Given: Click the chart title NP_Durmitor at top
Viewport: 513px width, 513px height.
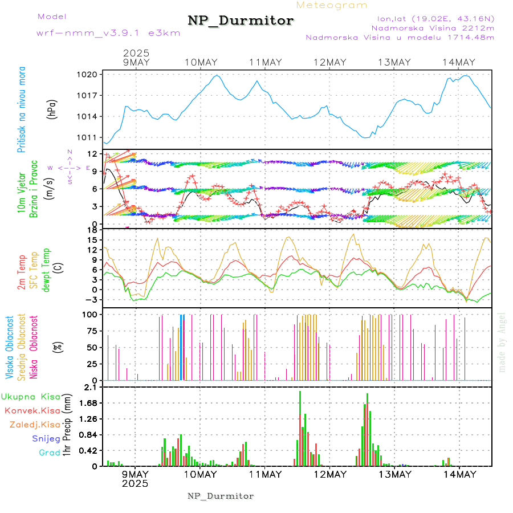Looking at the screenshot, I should click(x=241, y=21).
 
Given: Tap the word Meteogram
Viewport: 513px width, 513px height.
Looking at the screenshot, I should click(x=332, y=5).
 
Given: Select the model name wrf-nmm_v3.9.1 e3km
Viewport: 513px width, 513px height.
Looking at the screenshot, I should click(x=108, y=32).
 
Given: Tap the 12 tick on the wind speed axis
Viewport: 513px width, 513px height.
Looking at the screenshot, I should click(x=91, y=154).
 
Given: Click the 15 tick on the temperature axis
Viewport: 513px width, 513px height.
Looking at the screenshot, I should click(x=92, y=240).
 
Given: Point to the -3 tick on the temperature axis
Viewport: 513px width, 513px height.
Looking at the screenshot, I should click(x=91, y=299).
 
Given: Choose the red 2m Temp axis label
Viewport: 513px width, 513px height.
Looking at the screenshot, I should click(x=22, y=273).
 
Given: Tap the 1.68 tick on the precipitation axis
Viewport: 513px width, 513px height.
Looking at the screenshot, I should click(x=88, y=403).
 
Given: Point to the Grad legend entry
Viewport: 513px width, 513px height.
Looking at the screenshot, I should click(x=50, y=453).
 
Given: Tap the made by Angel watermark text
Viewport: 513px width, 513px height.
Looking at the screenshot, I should click(x=502, y=342).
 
